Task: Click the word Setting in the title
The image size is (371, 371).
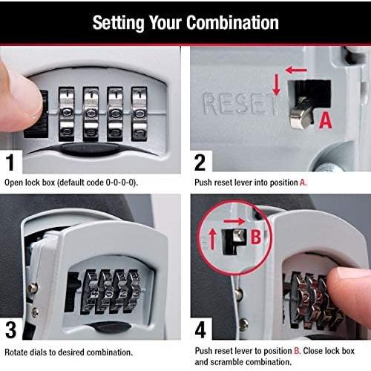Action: [x=119, y=23]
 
